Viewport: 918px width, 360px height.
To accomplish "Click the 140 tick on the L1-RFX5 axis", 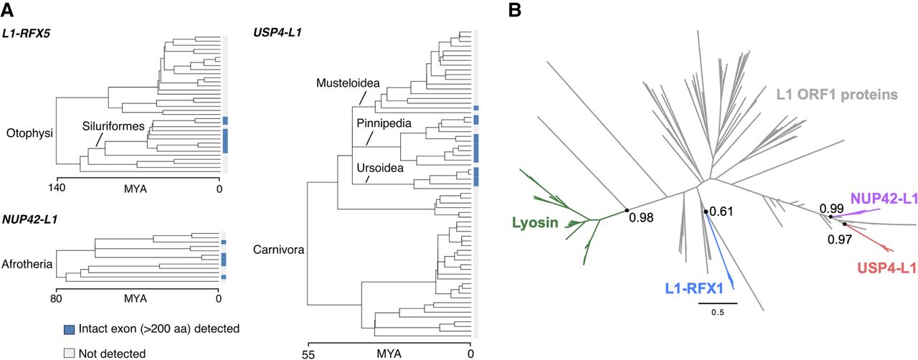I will tap(57, 189).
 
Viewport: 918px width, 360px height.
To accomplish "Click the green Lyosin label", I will tap(534, 223).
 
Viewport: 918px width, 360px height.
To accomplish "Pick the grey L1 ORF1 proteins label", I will tap(837, 94).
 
